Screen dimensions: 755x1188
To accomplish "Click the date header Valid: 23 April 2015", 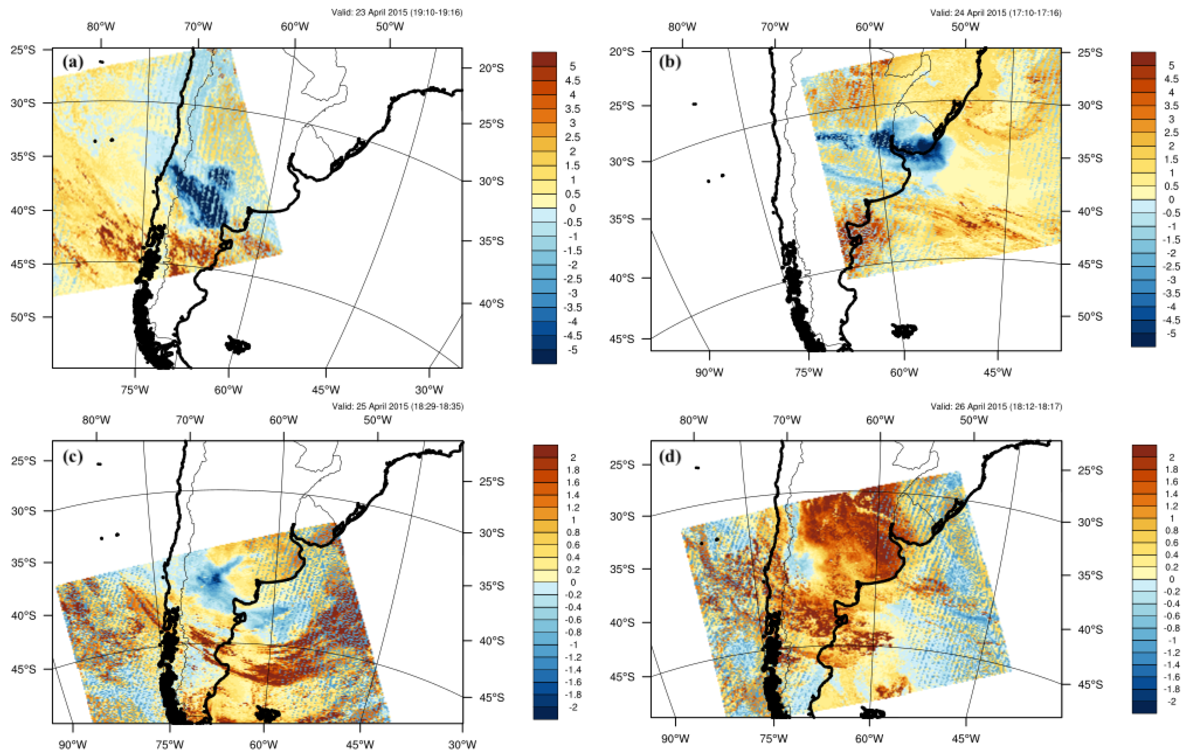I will pos(397,12).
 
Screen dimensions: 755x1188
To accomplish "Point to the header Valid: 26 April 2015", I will pos(996,406).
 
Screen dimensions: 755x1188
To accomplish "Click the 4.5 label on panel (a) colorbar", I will pos(572,80).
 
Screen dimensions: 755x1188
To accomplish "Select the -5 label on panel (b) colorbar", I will pos(1171,334).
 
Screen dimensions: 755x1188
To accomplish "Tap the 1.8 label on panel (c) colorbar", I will pos(573,470).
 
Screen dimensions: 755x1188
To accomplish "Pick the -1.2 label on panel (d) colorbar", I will pos(1171,652).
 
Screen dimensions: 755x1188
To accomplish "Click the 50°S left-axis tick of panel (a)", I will pos(23,317).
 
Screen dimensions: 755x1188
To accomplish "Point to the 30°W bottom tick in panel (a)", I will pos(429,390).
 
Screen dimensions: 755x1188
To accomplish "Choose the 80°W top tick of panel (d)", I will pos(693,420).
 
